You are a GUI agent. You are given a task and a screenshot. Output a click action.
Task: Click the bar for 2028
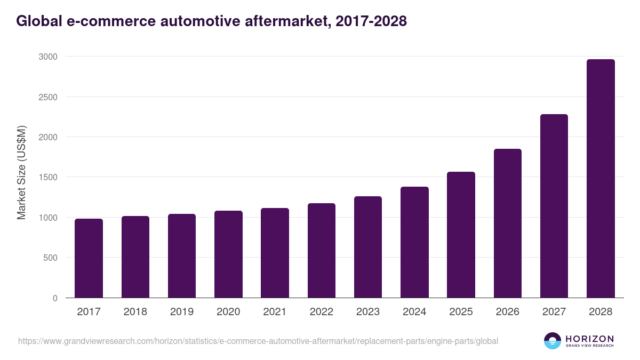601,179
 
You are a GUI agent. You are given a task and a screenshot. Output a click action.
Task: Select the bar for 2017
89,258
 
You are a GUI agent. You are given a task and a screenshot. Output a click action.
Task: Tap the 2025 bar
461,235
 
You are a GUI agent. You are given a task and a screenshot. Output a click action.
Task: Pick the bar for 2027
554,206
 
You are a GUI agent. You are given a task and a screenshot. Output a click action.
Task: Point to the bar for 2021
275,253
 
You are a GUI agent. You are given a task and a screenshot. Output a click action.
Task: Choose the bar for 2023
368,247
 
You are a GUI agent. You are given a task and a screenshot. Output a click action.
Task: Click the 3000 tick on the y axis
48,57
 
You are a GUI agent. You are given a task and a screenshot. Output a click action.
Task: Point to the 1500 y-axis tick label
48,177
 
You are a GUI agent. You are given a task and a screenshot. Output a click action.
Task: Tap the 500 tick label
50,258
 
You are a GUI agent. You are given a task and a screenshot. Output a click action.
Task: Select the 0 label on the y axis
55,298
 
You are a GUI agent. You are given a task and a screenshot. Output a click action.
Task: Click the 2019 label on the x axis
182,312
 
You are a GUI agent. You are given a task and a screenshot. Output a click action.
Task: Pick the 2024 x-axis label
414,312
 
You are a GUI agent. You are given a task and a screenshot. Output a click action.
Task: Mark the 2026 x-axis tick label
507,312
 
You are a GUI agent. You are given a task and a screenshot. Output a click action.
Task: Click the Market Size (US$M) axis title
21,173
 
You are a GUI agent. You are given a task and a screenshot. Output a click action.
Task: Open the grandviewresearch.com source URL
258,341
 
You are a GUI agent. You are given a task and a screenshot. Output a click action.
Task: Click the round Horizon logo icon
553,341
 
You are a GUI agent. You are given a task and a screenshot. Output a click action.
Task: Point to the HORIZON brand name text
589,338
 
